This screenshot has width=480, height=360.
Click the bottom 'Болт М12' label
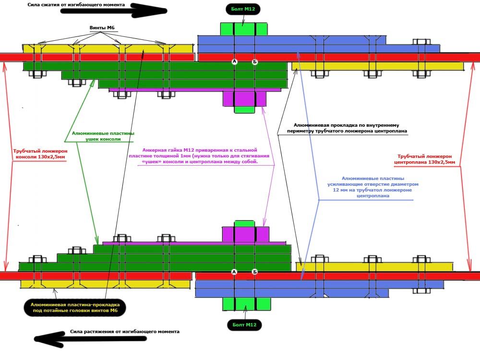pyautogui.click(x=245, y=325)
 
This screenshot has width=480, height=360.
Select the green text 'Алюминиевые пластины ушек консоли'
pyautogui.click(x=103, y=136)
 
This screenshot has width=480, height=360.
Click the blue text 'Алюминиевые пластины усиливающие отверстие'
pyautogui.click(x=373, y=187)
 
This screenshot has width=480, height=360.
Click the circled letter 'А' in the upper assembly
pyautogui.click(x=235, y=61)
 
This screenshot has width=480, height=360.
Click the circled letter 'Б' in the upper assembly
pyautogui.click(x=255, y=61)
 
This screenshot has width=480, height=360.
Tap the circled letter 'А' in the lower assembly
pyautogui.click(x=235, y=272)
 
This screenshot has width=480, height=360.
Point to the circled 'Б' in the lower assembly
pyautogui.click(x=255, y=272)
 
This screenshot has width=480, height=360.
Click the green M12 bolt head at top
pyautogui.click(x=244, y=29)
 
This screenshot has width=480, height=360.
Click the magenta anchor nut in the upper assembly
pyautogui.click(x=244, y=98)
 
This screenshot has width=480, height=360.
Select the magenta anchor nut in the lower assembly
pyautogui.click(x=244, y=234)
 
